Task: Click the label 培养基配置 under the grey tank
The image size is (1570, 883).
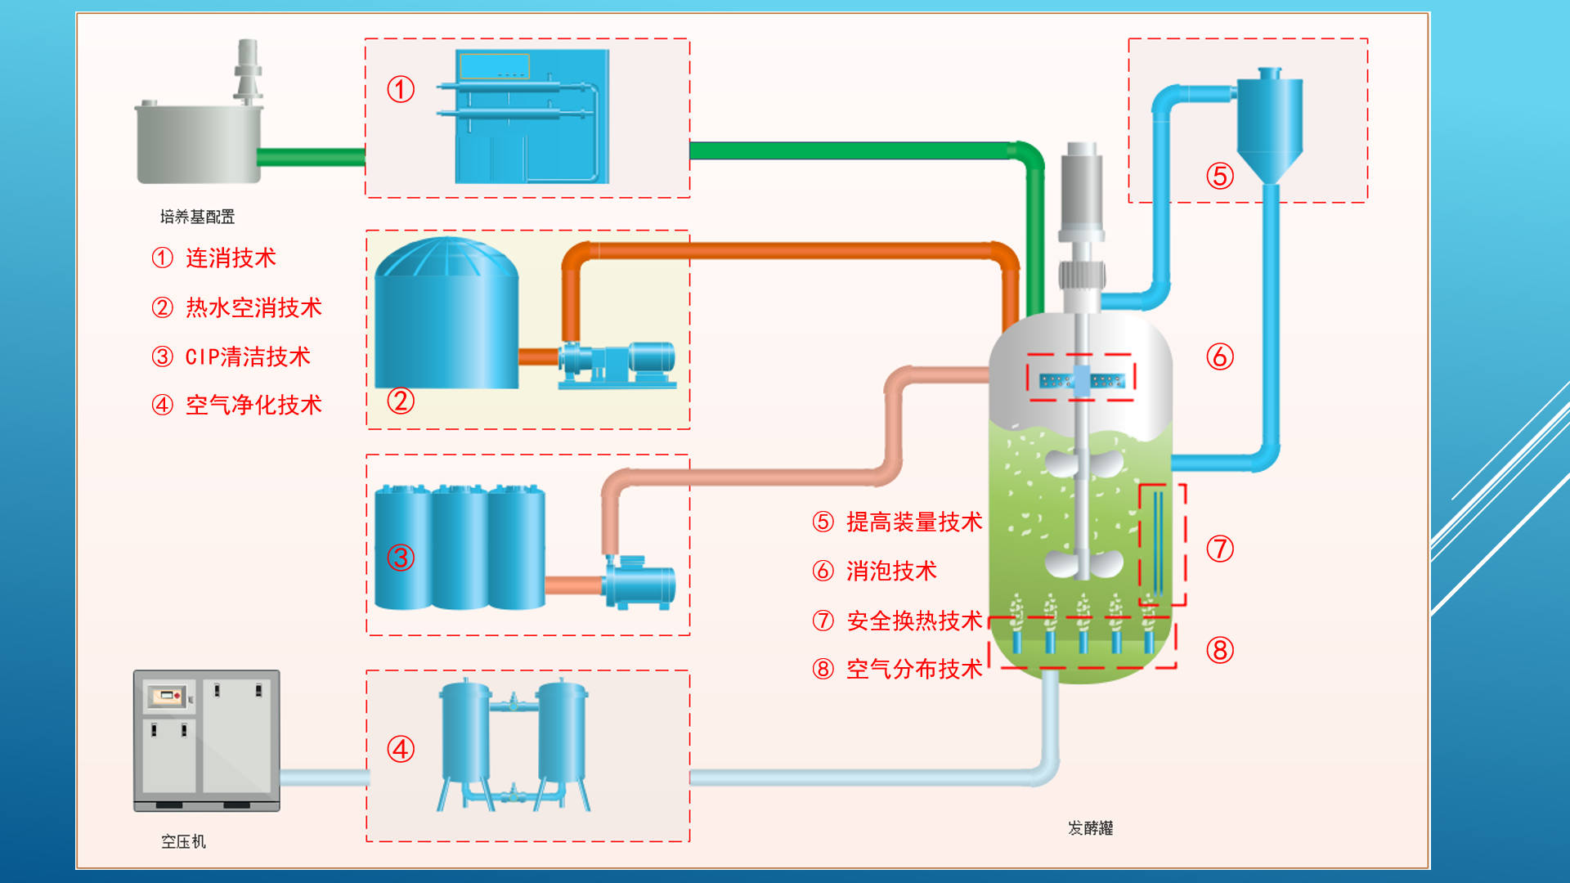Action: [x=197, y=217]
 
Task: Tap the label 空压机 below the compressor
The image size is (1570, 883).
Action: [x=183, y=841]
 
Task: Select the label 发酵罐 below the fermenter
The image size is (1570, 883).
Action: [x=1090, y=828]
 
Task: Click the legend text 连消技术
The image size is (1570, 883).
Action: [x=231, y=258]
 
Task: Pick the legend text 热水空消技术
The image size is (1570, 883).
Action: [x=253, y=308]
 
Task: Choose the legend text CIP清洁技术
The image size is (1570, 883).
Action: [x=248, y=357]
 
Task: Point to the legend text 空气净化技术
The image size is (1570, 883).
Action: [x=253, y=406]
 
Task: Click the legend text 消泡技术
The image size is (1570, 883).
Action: [x=891, y=571]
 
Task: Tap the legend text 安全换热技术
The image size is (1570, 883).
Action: [x=914, y=621]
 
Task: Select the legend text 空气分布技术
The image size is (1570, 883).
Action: [x=914, y=670]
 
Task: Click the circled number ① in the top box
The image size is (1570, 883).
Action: [x=401, y=89]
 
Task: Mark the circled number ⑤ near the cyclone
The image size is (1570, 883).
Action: [x=1220, y=176]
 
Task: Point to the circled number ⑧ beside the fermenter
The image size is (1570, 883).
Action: [x=1220, y=651]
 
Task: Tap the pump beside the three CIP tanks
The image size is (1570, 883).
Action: [x=639, y=582]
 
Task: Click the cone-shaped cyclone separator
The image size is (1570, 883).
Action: [x=1269, y=127]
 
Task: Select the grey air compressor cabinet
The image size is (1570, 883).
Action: [x=207, y=740]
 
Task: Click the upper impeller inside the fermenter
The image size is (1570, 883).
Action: [x=1084, y=464]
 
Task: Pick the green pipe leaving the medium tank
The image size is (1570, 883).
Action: [x=311, y=157]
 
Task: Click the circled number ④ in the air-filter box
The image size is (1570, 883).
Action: [x=401, y=749]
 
